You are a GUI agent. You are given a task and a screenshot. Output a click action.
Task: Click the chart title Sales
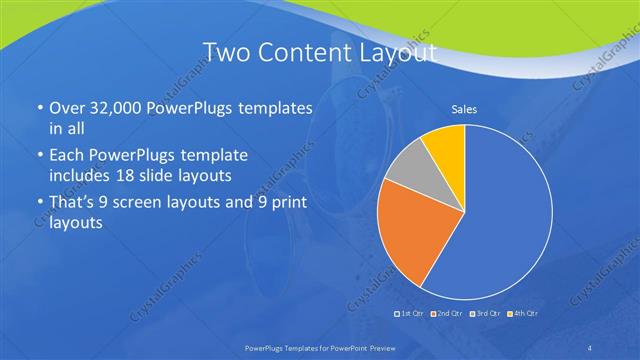click(x=464, y=108)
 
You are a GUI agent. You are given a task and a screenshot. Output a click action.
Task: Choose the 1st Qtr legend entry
click(x=410, y=314)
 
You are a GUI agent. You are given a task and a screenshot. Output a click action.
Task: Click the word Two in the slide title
click(x=225, y=52)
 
